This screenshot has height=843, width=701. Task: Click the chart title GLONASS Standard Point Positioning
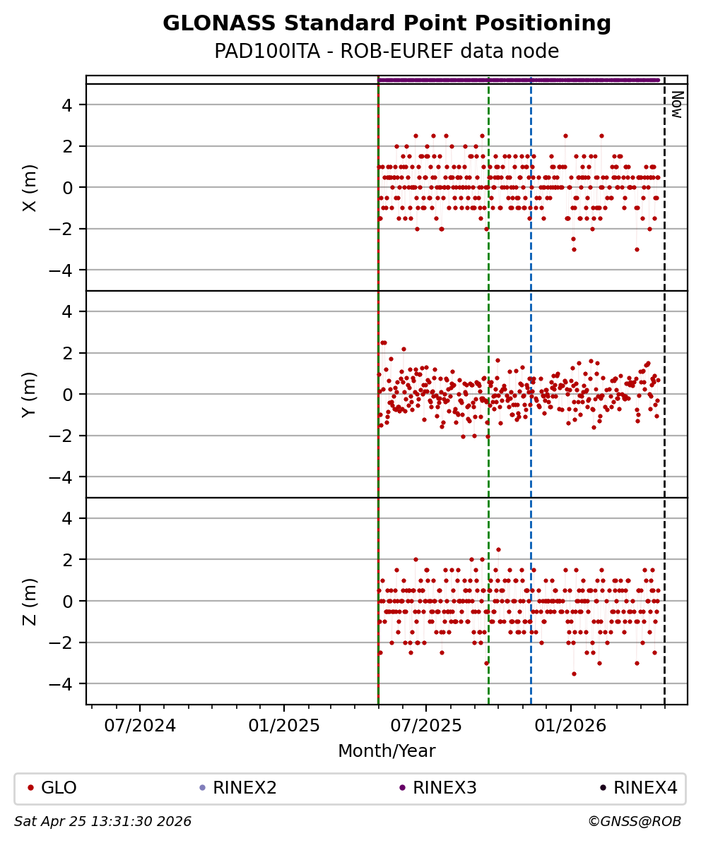point(387,24)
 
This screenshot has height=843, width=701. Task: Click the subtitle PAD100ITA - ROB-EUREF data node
point(387,52)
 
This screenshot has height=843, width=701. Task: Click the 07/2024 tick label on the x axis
point(140,726)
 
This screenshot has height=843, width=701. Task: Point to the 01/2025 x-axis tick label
point(284,726)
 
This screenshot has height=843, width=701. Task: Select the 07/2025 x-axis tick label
point(426,726)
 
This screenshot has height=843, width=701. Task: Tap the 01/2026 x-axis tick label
point(570,726)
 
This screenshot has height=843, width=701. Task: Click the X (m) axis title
point(30,188)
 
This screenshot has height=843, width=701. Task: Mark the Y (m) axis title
point(30,394)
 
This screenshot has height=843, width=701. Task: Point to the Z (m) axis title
point(30,602)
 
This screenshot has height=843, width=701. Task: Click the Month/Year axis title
point(387,751)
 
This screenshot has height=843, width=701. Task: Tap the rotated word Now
point(676,104)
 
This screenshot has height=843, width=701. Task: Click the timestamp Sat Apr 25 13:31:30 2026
point(103,822)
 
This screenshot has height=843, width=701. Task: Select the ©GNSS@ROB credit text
point(635,822)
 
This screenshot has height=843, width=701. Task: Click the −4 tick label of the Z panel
point(68,683)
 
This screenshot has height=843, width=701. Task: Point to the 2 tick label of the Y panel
point(72,353)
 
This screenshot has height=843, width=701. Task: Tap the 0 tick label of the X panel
point(72,188)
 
